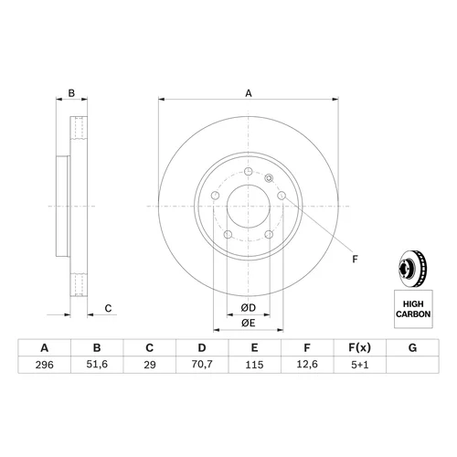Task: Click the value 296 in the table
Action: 45,365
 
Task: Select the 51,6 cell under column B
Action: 97,365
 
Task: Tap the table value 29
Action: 150,365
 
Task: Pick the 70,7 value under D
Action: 202,365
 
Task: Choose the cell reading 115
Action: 254,365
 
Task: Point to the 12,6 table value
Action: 307,365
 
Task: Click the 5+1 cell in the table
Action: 360,365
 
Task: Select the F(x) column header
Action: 360,347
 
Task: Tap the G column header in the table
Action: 412,347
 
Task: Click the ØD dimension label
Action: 249,308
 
